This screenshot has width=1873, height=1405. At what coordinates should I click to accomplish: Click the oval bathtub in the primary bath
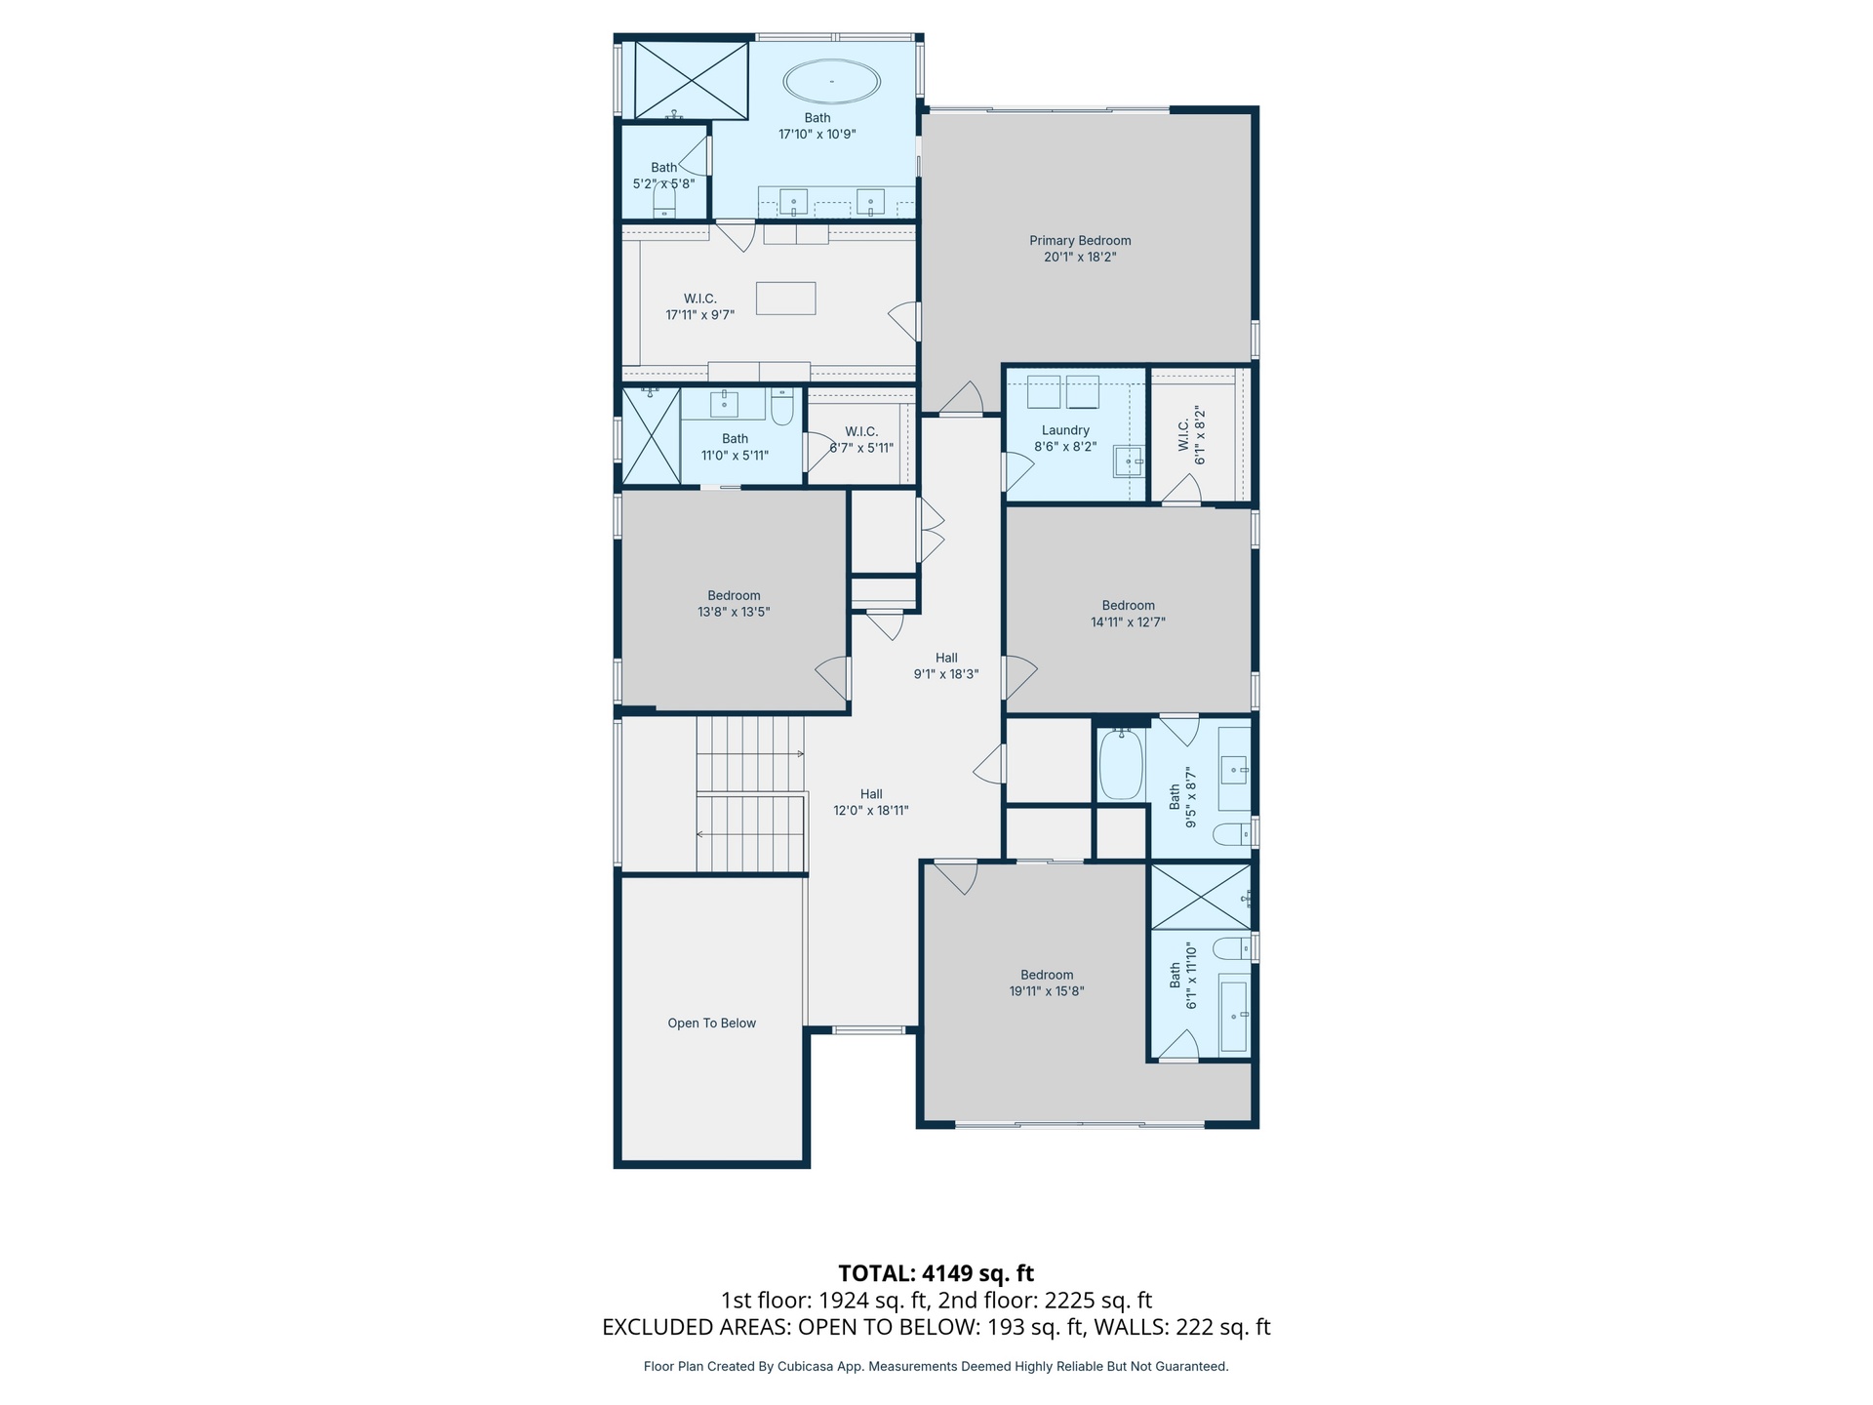point(831,81)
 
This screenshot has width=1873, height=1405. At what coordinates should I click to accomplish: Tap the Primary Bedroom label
point(1080,241)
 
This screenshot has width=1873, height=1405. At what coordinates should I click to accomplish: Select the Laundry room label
point(1065,430)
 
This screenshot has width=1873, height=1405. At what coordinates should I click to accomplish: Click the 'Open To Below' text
point(712,1024)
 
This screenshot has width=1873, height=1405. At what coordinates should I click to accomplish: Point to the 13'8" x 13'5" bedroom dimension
point(734,613)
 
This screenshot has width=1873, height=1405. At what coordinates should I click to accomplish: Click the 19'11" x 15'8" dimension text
point(1047,991)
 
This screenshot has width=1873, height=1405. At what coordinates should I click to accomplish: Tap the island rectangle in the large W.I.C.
point(786,298)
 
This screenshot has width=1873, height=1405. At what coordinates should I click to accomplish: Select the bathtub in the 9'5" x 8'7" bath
point(1121,765)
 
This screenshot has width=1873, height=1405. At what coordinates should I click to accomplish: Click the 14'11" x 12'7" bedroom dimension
point(1128,622)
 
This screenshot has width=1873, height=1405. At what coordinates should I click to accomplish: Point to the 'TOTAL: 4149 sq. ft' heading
point(936,1273)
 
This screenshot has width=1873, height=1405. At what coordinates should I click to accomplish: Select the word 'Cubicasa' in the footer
point(804,1367)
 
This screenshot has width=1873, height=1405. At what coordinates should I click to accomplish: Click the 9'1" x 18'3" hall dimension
point(946,674)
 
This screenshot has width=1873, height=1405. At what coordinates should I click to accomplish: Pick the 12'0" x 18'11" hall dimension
point(871,811)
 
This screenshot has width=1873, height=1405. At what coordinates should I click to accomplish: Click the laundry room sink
point(1129,462)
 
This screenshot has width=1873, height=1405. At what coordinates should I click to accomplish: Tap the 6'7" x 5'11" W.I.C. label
point(861,449)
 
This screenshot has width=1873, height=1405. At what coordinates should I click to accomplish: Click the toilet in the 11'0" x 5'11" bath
point(782,407)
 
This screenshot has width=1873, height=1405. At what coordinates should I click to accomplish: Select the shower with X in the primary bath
point(692,79)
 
